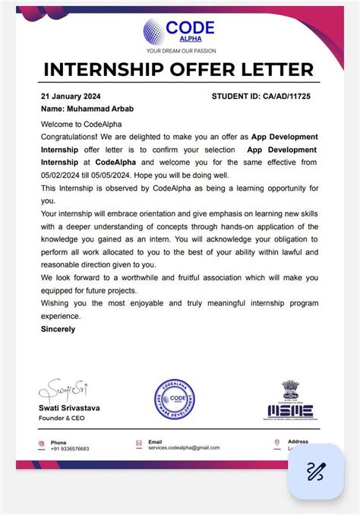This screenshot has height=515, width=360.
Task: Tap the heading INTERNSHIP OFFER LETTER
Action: point(179,69)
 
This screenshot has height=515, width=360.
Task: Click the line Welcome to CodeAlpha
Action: point(81,124)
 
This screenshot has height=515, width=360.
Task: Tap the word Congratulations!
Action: point(71,137)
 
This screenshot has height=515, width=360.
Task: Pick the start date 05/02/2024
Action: point(62,175)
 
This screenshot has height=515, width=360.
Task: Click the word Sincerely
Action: point(58,329)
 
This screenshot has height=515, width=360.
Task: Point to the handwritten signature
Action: point(65,391)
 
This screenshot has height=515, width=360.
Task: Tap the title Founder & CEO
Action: point(62,419)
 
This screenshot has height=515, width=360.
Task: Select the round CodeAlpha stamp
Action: point(176,400)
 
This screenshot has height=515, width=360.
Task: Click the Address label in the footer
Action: point(298,441)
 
